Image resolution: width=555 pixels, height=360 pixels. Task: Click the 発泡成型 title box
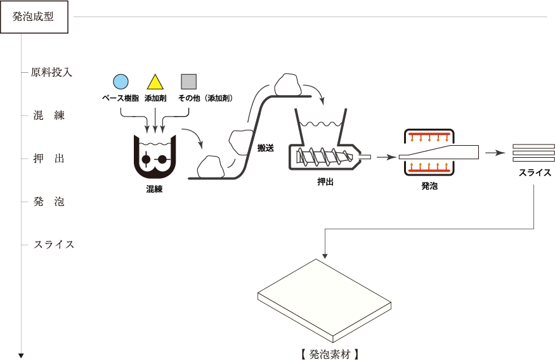34,17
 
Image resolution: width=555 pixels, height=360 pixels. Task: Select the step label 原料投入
52,72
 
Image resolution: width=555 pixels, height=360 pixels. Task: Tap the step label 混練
49,115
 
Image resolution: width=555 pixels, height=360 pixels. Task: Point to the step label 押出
49,158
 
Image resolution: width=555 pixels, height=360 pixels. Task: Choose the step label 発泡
49,202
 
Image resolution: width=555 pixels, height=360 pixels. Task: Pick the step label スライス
54,245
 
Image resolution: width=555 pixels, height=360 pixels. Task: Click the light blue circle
121,81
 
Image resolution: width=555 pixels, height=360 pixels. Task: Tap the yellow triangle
155,82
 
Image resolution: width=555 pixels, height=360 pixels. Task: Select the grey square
188,81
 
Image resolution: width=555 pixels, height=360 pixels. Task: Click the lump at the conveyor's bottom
211,168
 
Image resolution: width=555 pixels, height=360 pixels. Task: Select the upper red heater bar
429,134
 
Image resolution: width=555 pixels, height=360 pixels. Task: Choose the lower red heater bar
429,170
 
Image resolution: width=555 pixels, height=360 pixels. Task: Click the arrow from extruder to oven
386,157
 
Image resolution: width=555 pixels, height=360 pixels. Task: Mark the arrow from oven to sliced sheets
495,153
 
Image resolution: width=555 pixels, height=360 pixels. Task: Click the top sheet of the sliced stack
533,146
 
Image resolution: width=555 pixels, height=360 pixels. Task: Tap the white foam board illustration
324,298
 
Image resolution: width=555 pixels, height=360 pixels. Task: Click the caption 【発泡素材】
330,354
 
